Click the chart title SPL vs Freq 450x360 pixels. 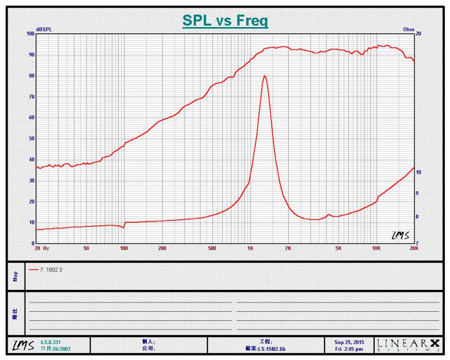[225, 21]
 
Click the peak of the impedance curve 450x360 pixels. [264, 76]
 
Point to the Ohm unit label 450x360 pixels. [408, 30]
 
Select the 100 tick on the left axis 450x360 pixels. [30, 34]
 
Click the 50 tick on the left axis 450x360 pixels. [31, 139]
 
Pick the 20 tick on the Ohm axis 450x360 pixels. [418, 34]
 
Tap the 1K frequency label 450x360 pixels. [250, 248]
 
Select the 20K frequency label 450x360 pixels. [414, 248]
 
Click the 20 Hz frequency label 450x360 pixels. [42, 248]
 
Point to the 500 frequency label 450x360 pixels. [212, 248]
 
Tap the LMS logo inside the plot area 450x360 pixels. [400, 235]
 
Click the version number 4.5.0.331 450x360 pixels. [51, 342]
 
